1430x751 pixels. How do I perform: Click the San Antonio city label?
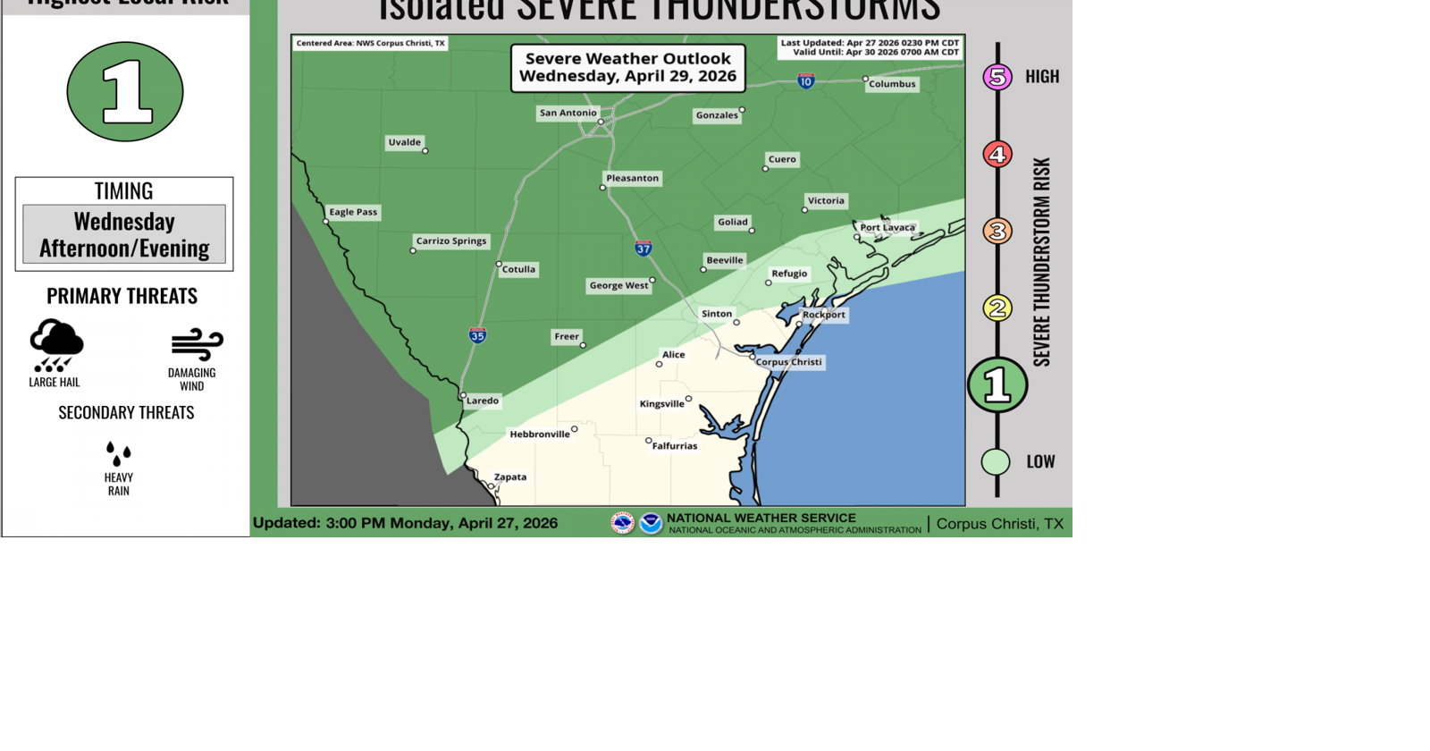click(x=568, y=113)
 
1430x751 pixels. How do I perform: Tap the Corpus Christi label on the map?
click(x=788, y=362)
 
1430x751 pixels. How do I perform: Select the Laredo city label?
click(x=483, y=401)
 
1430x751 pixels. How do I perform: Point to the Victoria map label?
click(x=826, y=200)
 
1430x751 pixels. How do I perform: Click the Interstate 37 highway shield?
click(x=643, y=248)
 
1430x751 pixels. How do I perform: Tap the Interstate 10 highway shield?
click(x=806, y=81)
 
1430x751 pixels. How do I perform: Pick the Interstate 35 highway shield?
click(x=478, y=335)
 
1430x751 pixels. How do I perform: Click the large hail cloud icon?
click(x=56, y=345)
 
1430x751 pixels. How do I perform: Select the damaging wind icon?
click(x=197, y=344)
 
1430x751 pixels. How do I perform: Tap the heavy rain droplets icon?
click(x=119, y=453)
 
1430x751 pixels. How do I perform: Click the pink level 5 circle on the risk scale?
click(x=997, y=77)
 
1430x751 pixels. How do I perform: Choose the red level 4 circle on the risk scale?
click(x=997, y=154)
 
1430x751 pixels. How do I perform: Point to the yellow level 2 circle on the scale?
click(x=997, y=308)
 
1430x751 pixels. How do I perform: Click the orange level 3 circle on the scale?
click(x=997, y=231)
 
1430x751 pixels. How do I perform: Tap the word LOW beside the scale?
click(x=1040, y=461)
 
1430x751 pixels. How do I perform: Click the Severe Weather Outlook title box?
click(x=628, y=67)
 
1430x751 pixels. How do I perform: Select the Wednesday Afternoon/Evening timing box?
click(x=124, y=234)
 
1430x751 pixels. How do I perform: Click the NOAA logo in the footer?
click(x=651, y=523)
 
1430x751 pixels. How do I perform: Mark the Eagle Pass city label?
click(x=353, y=212)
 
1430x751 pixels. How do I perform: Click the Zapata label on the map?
click(x=510, y=477)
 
